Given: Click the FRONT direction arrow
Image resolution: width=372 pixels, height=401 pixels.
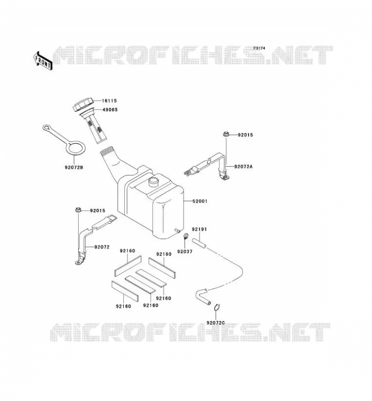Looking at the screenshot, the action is [x=43, y=61].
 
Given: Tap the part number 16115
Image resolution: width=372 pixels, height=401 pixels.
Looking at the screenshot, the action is [x=109, y=101].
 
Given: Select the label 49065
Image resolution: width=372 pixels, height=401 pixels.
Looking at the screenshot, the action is [x=110, y=110].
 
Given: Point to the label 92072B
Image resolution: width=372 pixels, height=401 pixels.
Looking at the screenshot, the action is [x=74, y=167].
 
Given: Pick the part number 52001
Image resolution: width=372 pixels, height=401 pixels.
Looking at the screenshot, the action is [x=200, y=202].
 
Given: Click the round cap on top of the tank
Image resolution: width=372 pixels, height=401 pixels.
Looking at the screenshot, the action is [x=154, y=181].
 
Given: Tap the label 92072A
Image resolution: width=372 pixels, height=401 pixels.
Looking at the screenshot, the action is [x=243, y=166].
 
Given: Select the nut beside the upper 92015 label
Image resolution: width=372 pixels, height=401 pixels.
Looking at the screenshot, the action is [x=226, y=133].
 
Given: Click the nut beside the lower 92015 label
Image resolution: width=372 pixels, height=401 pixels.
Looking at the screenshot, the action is [x=78, y=210].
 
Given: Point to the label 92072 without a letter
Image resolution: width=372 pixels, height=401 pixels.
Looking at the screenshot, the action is [x=102, y=247].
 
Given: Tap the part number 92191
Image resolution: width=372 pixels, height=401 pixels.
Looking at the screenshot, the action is [x=200, y=230].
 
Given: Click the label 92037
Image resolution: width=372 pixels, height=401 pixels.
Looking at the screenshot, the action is [x=184, y=252].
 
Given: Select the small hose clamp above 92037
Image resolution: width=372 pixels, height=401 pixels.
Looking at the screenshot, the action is [x=186, y=236].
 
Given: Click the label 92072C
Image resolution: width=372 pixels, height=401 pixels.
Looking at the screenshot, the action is [x=216, y=323].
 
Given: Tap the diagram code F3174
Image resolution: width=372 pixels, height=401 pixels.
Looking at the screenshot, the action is [x=259, y=48].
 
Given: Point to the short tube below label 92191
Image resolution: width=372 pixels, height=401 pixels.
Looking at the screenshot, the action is [x=199, y=243].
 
